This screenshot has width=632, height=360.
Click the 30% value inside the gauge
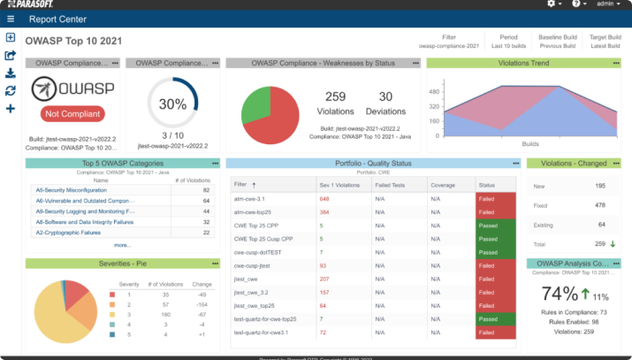click(x=172, y=103)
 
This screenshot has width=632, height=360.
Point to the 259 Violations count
click(x=335, y=96)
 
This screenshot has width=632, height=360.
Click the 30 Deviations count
click(x=385, y=96)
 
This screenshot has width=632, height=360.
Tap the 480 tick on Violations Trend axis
click(x=434, y=92)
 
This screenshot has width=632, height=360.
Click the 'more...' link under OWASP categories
click(x=122, y=245)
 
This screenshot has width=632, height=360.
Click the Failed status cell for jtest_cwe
click(x=496, y=279)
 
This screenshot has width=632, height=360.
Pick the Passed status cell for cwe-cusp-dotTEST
click(x=496, y=252)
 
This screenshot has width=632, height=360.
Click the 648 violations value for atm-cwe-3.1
click(x=324, y=199)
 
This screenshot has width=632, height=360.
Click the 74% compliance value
click(x=560, y=294)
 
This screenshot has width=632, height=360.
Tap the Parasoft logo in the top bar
click(x=34, y=4)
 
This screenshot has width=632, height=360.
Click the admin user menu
click(x=609, y=4)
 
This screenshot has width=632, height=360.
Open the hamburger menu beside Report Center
click(x=11, y=19)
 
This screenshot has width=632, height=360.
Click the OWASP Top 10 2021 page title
click(x=73, y=41)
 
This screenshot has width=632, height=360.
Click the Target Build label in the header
click(x=605, y=37)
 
